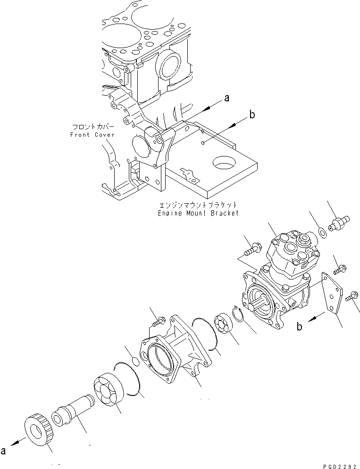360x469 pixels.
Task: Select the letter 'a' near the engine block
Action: (x=226, y=98)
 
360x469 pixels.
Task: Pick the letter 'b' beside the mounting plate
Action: (x=300, y=326)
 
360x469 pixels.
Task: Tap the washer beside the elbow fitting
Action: (x=322, y=232)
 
